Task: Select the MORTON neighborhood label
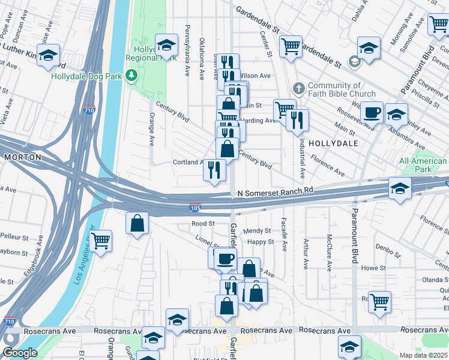point(22,157)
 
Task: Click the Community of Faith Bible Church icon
point(299,89)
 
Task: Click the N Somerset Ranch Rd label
point(276,192)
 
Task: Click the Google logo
point(19,353)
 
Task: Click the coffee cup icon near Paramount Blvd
point(372,112)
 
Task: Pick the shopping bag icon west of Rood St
point(137,223)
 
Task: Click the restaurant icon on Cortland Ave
point(214,169)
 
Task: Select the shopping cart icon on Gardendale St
point(291,45)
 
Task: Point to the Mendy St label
point(257,230)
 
